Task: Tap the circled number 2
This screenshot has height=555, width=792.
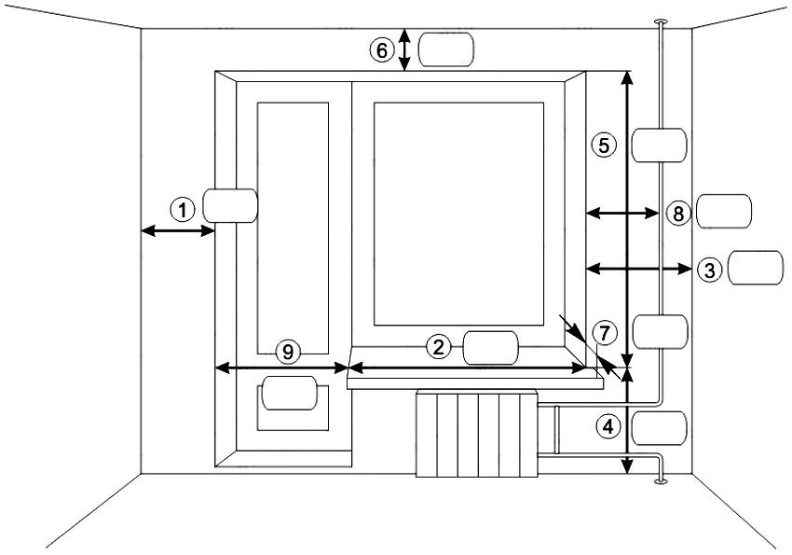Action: (440, 347)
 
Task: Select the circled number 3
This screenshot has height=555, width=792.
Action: (709, 270)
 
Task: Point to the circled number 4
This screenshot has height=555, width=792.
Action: (608, 427)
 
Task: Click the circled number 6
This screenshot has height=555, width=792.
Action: (380, 51)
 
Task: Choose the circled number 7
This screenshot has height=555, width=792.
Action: (605, 333)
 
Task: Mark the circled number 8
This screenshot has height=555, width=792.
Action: (677, 214)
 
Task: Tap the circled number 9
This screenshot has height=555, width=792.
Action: (288, 352)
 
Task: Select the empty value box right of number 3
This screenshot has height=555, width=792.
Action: (756, 268)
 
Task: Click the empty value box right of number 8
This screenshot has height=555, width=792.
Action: (723, 211)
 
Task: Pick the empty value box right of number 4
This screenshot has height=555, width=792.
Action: (660, 428)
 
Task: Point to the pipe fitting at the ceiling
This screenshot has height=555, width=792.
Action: (660, 21)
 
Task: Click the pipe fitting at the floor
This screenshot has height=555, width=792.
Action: (660, 481)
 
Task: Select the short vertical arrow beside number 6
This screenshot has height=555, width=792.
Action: (404, 49)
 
